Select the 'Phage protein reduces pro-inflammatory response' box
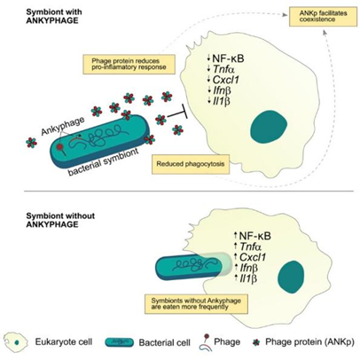(x=129, y=64)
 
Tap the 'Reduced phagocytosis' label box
(x=191, y=164)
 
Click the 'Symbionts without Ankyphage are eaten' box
(x=196, y=304)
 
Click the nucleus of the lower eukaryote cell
(x=291, y=277)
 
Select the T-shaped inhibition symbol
(x=177, y=113)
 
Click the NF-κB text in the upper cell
(x=228, y=59)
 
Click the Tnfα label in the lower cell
(x=251, y=247)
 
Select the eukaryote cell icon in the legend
(x=17, y=342)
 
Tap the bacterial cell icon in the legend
(x=120, y=342)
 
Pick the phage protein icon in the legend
(x=256, y=342)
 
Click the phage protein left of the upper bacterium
(x=32, y=143)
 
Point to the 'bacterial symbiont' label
(x=103, y=162)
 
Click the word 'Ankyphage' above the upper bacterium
(x=63, y=126)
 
